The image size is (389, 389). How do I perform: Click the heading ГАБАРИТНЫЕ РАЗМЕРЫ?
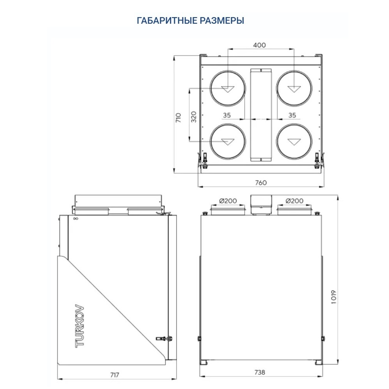tap(191, 21)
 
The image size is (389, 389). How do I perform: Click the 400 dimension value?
tap(259, 45)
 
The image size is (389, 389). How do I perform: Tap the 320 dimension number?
tap(194, 116)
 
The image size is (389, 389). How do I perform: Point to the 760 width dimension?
tap(261, 183)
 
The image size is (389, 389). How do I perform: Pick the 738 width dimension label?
tap(260, 372)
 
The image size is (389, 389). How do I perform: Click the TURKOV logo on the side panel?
tap(79, 325)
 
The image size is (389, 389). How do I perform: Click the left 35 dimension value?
tap(227, 115)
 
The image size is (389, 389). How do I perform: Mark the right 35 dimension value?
tap(293, 115)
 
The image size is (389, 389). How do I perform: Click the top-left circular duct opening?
tap(228, 88)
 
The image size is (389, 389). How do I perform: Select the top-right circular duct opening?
tap(294, 88)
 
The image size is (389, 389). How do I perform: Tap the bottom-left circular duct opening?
tap(228, 142)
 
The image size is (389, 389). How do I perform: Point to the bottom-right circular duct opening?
tap(294, 142)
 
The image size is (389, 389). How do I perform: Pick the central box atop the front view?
tap(261, 204)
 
